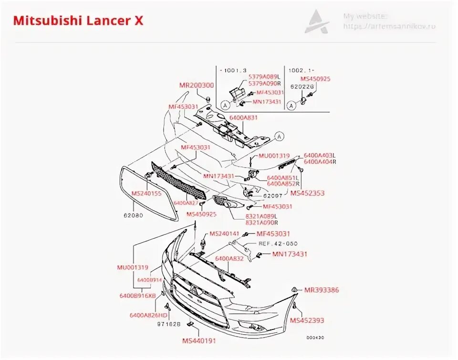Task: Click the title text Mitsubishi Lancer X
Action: tap(78, 21)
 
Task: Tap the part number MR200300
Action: tap(197, 85)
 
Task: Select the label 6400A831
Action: tap(243, 117)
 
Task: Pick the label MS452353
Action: tap(307, 193)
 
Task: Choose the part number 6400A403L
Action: tap(320, 156)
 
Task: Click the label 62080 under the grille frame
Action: tap(134, 215)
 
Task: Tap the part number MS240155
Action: tap(146, 193)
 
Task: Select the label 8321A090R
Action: tap(262, 222)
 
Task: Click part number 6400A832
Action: tap(229, 258)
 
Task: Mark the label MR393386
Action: tap(321, 290)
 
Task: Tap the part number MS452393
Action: tap(307, 320)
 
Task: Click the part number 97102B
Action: tap(169, 324)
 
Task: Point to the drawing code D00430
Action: tap(315, 338)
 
